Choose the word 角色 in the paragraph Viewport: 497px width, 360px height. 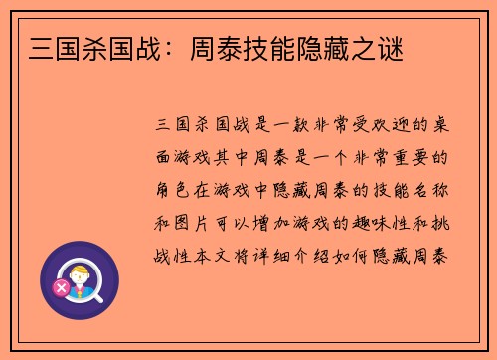[x=175, y=190]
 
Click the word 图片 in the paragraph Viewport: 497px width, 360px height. [x=197, y=222]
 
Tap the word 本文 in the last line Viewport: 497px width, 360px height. [x=218, y=254]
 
